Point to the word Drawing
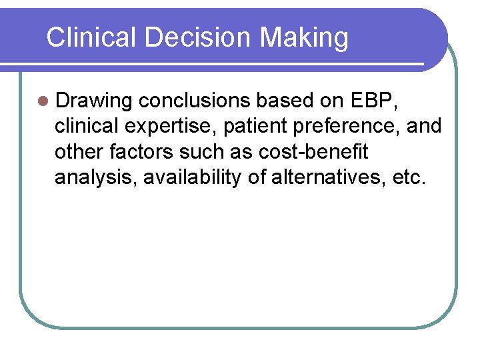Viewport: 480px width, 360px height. point(94,101)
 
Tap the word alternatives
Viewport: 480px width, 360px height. point(326,178)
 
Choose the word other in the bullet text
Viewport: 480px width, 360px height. point(75,152)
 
